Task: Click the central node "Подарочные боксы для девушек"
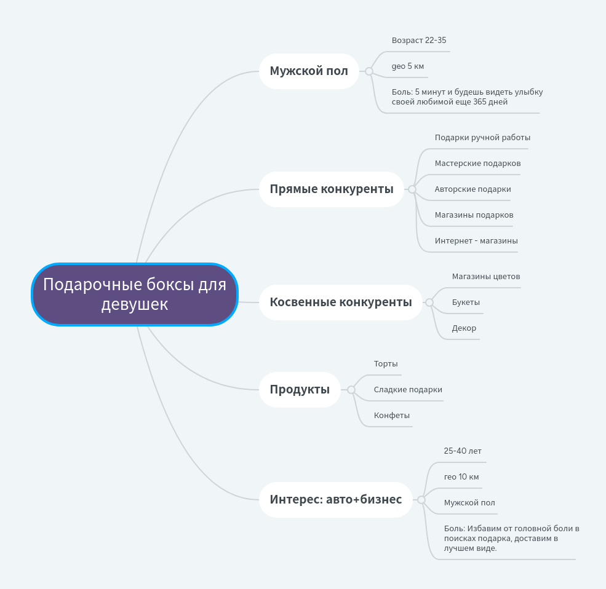click(x=134, y=294)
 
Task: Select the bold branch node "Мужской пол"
click(x=309, y=71)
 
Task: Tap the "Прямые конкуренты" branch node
click(x=331, y=189)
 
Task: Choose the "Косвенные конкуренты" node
click(x=340, y=302)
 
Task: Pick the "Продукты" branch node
click(x=300, y=389)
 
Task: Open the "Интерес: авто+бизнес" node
click(x=335, y=499)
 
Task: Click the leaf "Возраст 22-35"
click(x=419, y=41)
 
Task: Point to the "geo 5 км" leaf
click(x=408, y=66)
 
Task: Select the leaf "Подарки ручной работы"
click(x=482, y=138)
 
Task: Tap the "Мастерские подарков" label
click(x=477, y=164)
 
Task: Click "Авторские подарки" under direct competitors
click(x=472, y=189)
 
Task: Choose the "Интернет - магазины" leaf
click(x=476, y=241)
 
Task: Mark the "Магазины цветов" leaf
click(x=486, y=277)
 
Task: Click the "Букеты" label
click(x=466, y=302)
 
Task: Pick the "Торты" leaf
click(x=386, y=364)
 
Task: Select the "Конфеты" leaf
click(x=392, y=416)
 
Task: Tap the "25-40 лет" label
click(x=463, y=451)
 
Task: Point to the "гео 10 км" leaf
click(x=461, y=477)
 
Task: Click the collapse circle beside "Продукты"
click(x=351, y=389)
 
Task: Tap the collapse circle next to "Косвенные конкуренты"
click(x=429, y=302)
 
